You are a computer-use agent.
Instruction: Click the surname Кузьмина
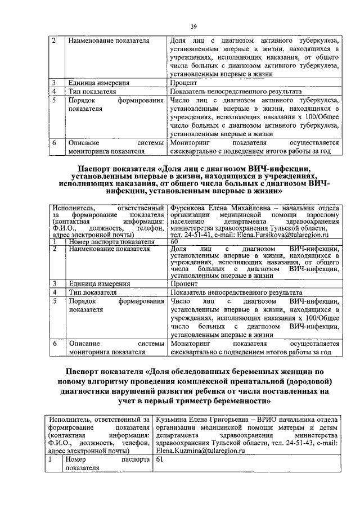[174, 419]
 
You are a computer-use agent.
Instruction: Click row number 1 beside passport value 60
[55, 241]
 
